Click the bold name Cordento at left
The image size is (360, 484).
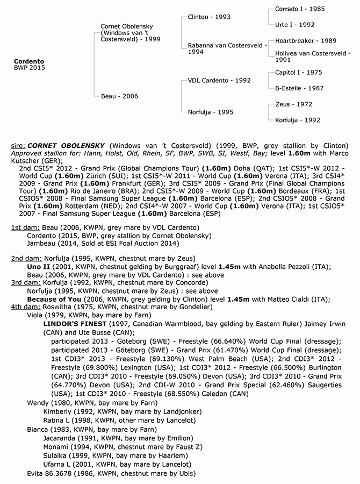[29, 61]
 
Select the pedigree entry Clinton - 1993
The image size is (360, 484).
[209, 17]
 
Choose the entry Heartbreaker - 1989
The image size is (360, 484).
[305, 41]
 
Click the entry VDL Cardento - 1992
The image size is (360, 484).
[219, 80]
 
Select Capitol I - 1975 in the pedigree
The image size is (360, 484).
[299, 72]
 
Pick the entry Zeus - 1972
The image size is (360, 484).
[293, 104]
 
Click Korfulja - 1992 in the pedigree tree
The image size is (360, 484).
[297, 120]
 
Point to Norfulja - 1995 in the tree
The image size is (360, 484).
[210, 112]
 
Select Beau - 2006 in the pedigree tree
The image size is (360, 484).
[119, 96]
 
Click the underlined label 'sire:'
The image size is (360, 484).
[18, 146]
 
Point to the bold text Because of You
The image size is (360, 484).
[53, 299]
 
